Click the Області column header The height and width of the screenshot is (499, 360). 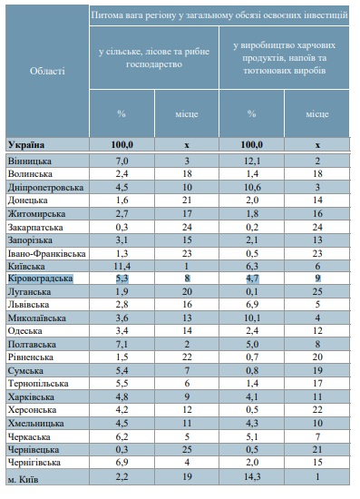47,71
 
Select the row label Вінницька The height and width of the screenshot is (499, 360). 30,161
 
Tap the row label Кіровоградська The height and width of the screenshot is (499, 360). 41,279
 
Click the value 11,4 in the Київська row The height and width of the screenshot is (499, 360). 122,266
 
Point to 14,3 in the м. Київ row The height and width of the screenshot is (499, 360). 252,476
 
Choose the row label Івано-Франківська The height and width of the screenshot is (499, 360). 47,254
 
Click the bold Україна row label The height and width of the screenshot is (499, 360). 26,145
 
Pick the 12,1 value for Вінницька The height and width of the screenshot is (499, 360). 252,161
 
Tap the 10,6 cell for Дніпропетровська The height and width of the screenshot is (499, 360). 252,187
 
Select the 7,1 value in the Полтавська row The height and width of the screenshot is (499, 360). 122,344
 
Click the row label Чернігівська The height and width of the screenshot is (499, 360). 34,463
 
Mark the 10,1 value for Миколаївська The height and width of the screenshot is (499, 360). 252,318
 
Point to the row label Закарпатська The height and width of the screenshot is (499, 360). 35,228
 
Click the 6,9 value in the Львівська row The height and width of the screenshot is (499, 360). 252,305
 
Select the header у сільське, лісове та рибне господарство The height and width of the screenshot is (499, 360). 154,57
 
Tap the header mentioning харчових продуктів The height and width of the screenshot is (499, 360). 285,57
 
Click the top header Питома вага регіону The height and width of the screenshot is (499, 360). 219,15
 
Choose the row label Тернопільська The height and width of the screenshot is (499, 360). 38,384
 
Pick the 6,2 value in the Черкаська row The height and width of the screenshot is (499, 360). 122,436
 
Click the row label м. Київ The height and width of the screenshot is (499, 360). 23,479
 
